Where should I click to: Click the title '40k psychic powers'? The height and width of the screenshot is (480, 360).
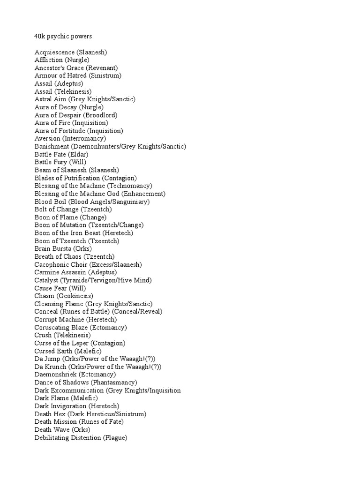[x=63, y=36]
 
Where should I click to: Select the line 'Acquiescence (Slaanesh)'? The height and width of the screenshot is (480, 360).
[x=74, y=52]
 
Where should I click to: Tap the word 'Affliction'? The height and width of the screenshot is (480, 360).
[x=49, y=60]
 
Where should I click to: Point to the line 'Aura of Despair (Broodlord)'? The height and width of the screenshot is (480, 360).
[x=76, y=115]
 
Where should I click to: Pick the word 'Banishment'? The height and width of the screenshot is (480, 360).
[x=52, y=146]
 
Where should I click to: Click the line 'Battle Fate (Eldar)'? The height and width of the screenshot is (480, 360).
[x=61, y=154]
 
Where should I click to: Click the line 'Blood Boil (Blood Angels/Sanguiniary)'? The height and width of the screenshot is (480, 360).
[x=92, y=202]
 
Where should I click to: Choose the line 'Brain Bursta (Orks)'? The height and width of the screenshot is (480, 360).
[x=63, y=249]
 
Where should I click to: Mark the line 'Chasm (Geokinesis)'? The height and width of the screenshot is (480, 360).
[x=64, y=296]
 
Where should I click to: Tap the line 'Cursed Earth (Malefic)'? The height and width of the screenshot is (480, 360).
[x=68, y=351]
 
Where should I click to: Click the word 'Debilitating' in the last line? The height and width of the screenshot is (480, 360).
[x=53, y=437]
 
